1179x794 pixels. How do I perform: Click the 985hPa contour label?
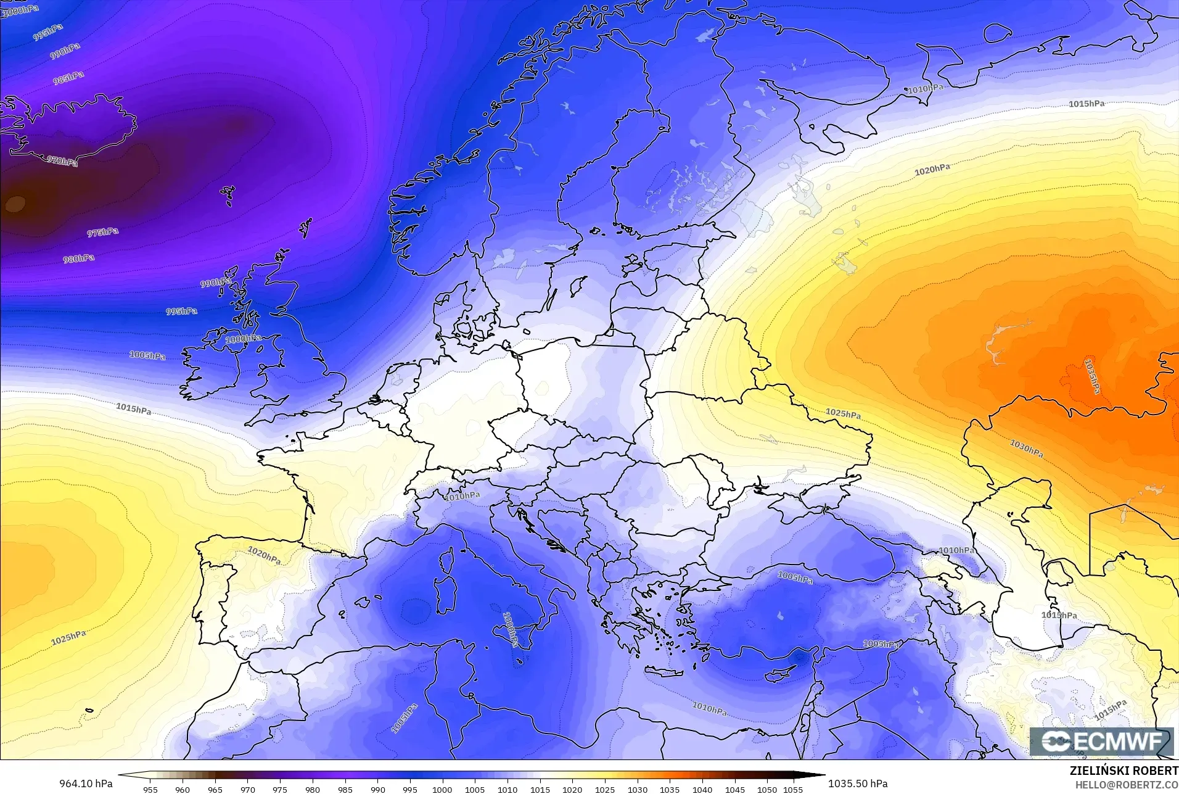(68, 78)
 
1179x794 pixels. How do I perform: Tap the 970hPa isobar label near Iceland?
(62, 161)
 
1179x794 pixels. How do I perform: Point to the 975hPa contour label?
(102, 233)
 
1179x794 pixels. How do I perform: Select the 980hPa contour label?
(79, 259)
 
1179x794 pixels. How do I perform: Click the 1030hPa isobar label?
(1026, 449)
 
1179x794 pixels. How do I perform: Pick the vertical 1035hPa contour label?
(1092, 376)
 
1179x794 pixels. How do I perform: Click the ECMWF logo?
(1101, 742)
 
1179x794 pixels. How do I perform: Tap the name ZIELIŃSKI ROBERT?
(1124, 771)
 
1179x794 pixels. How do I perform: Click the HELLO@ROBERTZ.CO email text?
(1127, 785)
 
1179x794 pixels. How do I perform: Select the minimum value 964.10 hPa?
(86, 784)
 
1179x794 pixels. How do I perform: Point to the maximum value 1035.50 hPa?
(858, 784)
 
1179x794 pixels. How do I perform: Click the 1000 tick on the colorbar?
(442, 789)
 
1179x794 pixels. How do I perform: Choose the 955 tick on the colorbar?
(150, 789)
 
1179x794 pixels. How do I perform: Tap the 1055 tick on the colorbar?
(793, 789)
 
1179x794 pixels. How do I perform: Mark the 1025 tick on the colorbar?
(604, 789)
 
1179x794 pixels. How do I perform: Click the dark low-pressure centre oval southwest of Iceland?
(15, 203)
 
